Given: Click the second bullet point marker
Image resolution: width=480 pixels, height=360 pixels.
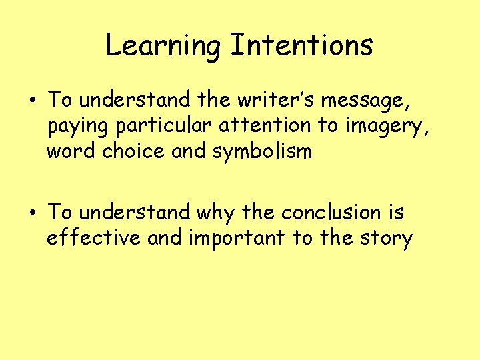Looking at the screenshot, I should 32,213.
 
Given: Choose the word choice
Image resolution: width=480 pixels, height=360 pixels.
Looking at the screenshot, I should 135,151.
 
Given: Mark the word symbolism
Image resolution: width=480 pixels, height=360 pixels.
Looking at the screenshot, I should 262,152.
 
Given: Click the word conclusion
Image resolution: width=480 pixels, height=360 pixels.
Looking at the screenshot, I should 331,212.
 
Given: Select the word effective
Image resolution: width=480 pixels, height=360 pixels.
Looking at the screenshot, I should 94,237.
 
